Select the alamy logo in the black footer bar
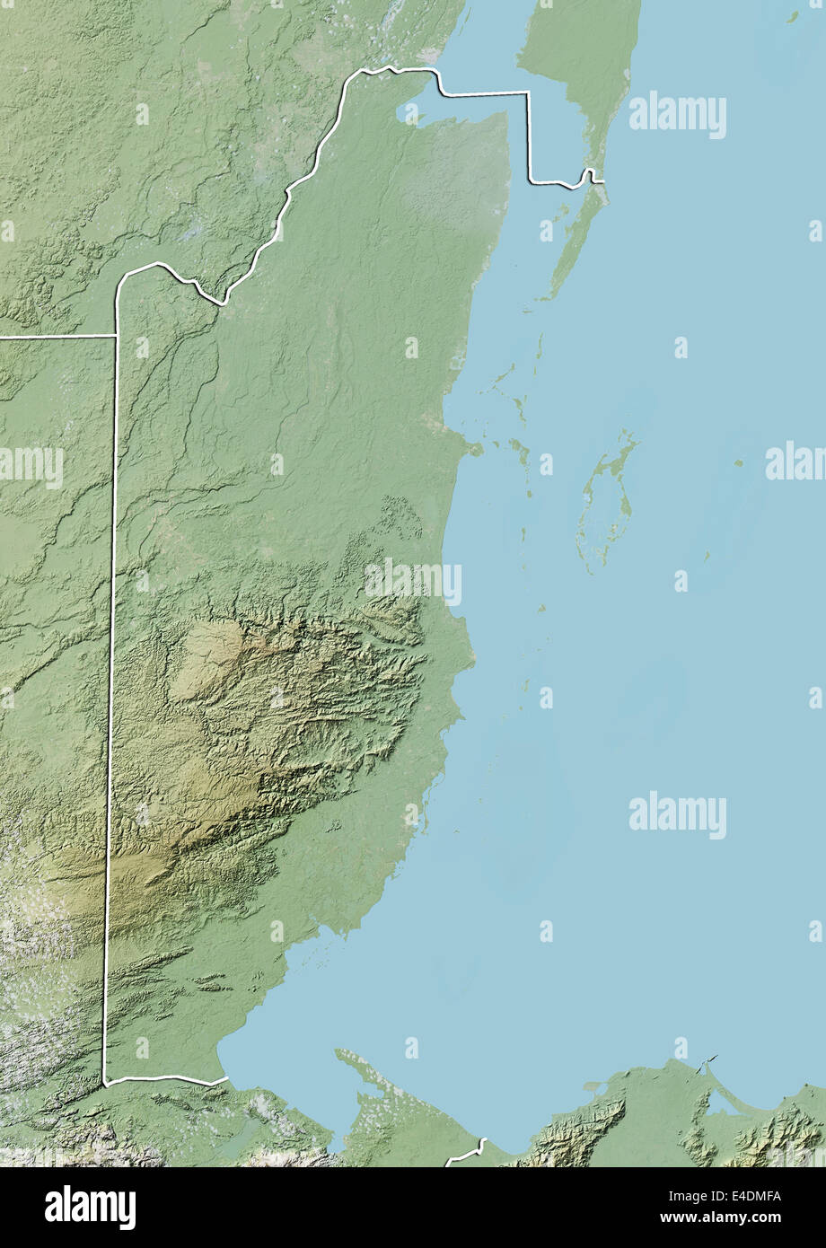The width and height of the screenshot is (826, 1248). [90, 1208]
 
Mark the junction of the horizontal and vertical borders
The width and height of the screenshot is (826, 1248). [116, 337]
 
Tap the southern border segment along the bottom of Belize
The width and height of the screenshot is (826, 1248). [162, 1079]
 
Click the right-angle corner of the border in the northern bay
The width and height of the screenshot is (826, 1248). [528, 93]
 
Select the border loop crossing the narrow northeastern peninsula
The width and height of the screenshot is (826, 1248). [590, 174]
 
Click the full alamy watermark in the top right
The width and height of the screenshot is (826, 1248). [678, 116]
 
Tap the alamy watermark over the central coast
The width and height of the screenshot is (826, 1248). [413, 582]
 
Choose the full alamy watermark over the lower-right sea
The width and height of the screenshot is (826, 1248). [678, 816]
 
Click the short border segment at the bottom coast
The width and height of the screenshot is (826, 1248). [466, 1152]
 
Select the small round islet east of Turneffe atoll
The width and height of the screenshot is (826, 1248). [738, 463]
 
